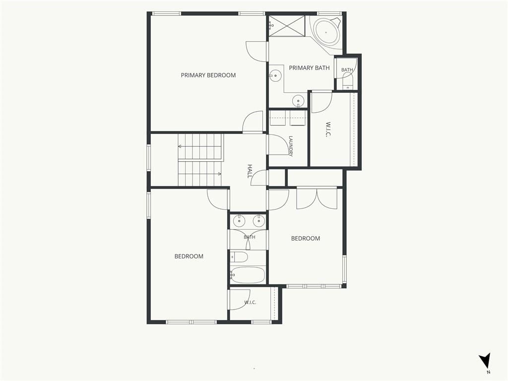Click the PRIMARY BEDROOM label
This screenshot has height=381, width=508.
[x=208, y=75]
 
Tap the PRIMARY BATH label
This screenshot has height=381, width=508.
[x=309, y=67]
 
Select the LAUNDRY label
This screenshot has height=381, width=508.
[x=291, y=146]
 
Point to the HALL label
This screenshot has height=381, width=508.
[x=250, y=171]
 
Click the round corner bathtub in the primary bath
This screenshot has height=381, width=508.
[x=326, y=32]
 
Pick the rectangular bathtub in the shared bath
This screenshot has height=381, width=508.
[x=248, y=275]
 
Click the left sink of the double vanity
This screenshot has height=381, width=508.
[x=239, y=222]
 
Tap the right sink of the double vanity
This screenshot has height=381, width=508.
[x=258, y=222]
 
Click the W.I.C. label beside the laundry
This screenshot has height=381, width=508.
[x=328, y=129]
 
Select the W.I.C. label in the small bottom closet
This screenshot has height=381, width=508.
[x=250, y=302]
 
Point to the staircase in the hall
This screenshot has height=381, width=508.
[x=200, y=160]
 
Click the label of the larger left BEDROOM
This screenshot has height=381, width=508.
[x=189, y=256]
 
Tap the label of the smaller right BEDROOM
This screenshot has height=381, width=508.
[x=306, y=239]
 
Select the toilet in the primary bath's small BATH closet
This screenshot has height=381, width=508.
[x=347, y=81]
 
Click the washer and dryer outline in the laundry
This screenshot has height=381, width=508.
[x=287, y=118]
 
